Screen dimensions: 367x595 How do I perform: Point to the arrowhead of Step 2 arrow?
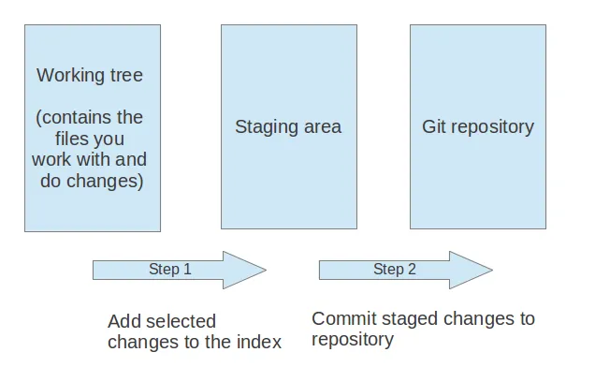coord(472,270)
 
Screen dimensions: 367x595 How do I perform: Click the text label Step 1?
coord(170,270)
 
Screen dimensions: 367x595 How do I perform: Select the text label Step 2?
coord(395,270)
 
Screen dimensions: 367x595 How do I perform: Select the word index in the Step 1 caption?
coord(259,343)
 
